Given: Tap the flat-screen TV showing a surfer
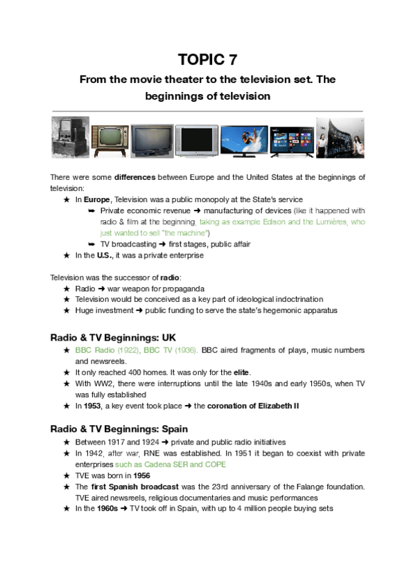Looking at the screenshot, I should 244,141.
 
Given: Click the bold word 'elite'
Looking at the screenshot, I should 241,372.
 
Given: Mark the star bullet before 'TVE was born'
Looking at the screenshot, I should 67,476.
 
